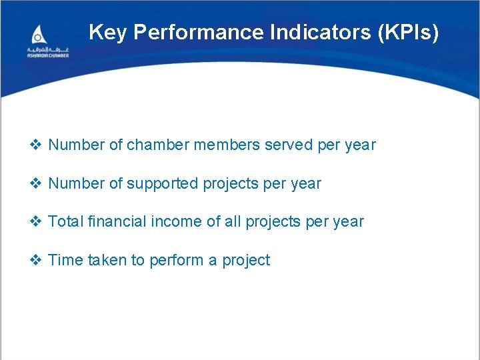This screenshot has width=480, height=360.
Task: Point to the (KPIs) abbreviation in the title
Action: click(407, 32)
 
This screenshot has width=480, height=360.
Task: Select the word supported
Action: click(161, 184)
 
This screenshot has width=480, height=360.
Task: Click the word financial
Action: click(111, 222)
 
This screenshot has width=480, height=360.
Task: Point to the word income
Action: click(170, 222)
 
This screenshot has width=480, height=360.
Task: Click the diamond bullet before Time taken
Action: click(37, 261)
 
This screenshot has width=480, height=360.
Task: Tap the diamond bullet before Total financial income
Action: click(37, 222)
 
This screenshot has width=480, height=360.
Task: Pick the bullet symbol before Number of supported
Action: click(37, 184)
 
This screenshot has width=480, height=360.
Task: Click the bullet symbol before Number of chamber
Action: click(37, 145)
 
